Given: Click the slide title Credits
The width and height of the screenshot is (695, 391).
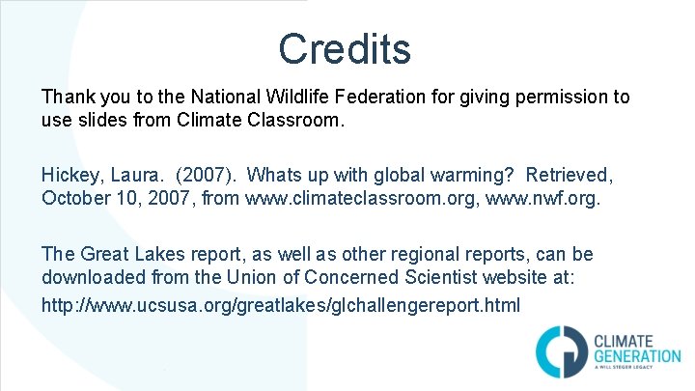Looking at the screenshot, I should point(345,48).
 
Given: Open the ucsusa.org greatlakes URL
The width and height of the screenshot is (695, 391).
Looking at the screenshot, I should point(280,305).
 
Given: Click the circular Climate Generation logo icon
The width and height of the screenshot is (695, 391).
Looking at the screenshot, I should point(557,349).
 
